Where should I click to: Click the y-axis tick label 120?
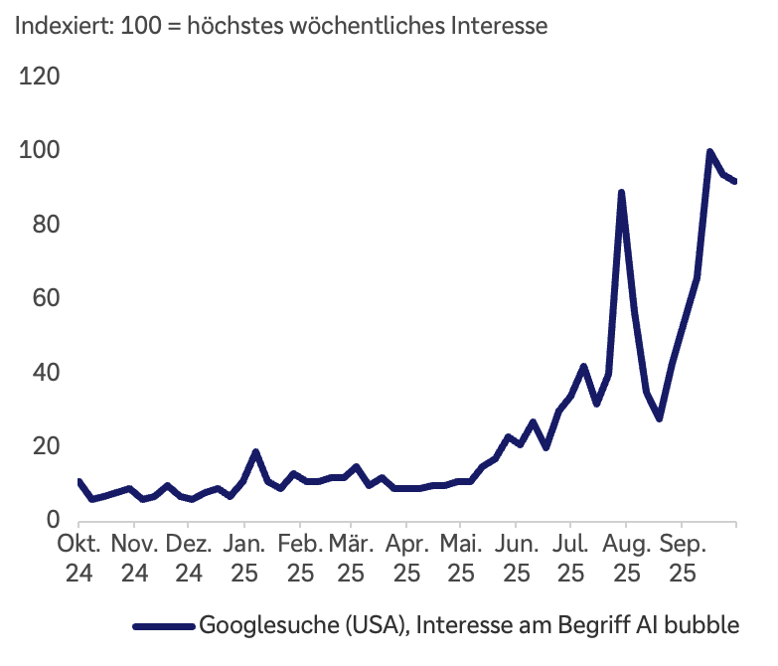pos(40,78)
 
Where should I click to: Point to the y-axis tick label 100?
pos(40,151)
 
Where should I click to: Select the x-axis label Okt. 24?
pos(78,559)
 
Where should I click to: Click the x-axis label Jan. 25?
pos(244,559)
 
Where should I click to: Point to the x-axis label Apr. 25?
pos(405,559)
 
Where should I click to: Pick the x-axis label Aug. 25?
pos(626,559)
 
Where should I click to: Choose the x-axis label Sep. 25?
pos(682,559)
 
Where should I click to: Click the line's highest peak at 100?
pos(709,152)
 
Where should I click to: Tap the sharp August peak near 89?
pos(621,193)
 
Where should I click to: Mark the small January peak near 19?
pos(256,452)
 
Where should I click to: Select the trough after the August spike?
pos(659,418)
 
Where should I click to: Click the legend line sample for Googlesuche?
pos(164,625)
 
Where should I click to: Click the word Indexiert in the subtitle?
pos(58,26)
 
